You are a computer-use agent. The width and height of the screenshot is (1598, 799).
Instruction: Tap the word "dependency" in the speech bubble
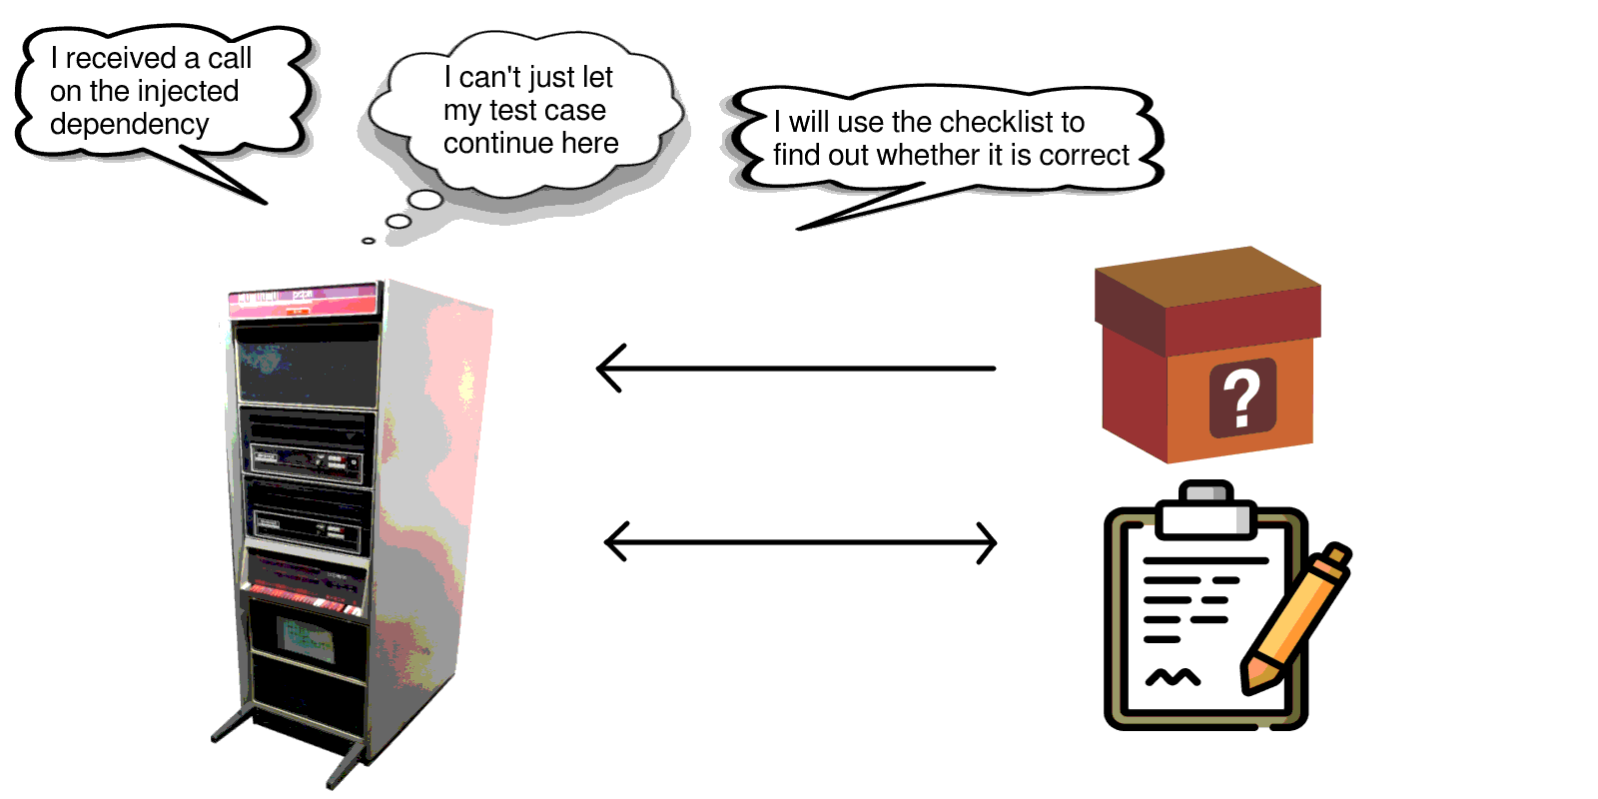coord(129,124)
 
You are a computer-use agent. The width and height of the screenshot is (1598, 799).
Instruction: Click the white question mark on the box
coord(1241,399)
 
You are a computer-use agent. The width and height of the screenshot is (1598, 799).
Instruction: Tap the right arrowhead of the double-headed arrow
coord(988,543)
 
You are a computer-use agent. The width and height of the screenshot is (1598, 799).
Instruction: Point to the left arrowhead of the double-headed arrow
coord(614,542)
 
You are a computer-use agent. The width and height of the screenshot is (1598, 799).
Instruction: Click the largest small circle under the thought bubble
coord(425,200)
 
